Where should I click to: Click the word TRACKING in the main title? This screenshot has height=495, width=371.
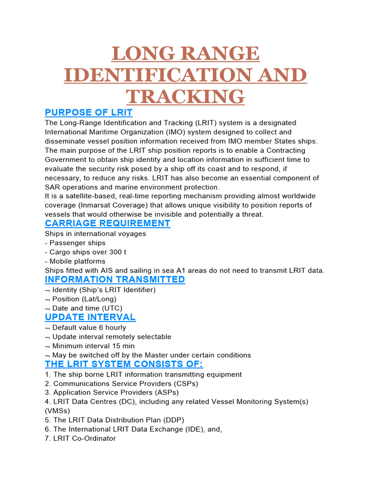click(x=185, y=97)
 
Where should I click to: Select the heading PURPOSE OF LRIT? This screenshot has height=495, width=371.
click(x=88, y=113)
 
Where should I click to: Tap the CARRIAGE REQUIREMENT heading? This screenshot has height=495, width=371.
click(x=107, y=223)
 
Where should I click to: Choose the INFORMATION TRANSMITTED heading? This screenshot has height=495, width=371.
click(x=115, y=279)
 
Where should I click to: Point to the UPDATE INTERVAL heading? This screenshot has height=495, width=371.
click(x=90, y=317)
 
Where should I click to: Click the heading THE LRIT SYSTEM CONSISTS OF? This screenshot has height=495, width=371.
click(x=124, y=364)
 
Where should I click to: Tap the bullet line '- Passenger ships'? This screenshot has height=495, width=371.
click(x=75, y=243)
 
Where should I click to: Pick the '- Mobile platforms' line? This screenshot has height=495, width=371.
click(x=75, y=261)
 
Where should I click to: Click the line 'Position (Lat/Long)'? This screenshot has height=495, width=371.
click(x=84, y=299)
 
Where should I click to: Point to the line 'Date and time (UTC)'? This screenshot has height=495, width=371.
click(x=87, y=308)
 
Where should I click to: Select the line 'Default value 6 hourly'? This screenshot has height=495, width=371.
click(x=89, y=328)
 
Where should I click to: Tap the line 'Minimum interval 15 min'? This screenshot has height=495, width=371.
click(x=93, y=346)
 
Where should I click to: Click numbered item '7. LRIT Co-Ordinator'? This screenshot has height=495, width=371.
click(x=80, y=438)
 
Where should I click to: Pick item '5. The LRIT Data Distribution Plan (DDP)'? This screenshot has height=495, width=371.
click(x=114, y=420)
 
